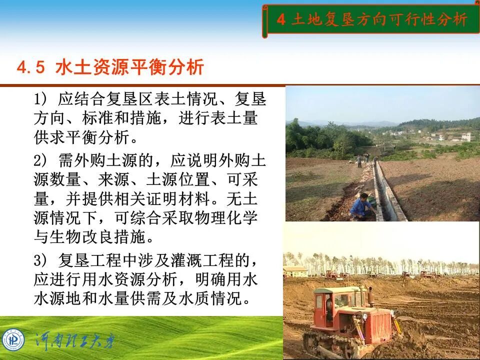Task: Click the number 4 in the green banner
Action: (281, 19)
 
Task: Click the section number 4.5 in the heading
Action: (31, 67)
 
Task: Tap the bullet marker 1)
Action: (40, 98)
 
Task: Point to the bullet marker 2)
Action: (40, 161)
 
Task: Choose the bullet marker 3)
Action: (40, 260)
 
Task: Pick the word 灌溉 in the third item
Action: (181, 260)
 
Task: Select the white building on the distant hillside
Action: (465, 136)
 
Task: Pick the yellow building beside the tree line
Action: (295, 271)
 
